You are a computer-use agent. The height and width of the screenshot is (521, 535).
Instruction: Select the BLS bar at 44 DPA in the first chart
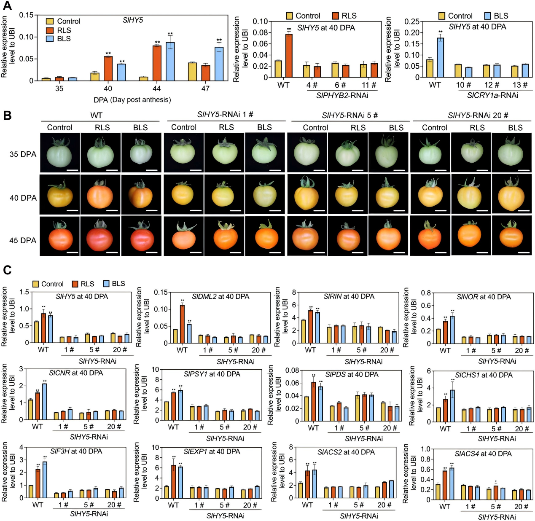click(x=170, y=62)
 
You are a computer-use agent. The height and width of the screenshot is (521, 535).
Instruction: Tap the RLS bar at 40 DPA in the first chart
click(x=108, y=68)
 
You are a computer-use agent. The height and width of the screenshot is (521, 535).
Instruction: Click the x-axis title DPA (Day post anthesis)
click(x=132, y=100)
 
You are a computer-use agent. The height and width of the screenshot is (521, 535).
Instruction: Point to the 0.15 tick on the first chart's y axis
click(x=26, y=15)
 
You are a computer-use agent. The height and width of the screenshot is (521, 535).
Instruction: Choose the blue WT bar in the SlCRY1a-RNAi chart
click(x=440, y=58)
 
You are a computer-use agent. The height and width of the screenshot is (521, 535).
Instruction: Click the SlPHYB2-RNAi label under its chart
click(x=342, y=96)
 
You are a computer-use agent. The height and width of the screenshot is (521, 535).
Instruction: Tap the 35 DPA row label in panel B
click(x=23, y=154)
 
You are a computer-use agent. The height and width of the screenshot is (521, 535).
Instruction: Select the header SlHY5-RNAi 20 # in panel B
click(x=478, y=115)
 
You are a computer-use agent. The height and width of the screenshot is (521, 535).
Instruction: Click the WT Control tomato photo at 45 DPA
click(x=60, y=236)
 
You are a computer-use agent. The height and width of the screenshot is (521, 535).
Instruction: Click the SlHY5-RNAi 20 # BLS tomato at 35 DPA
click(x=511, y=152)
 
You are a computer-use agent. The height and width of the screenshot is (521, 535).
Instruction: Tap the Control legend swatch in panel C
click(x=36, y=284)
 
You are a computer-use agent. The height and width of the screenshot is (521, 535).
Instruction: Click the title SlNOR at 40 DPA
click(x=483, y=297)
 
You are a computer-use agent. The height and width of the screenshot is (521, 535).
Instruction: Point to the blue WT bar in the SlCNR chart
click(x=44, y=401)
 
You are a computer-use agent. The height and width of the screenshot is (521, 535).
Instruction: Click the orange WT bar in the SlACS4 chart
click(x=445, y=485)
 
